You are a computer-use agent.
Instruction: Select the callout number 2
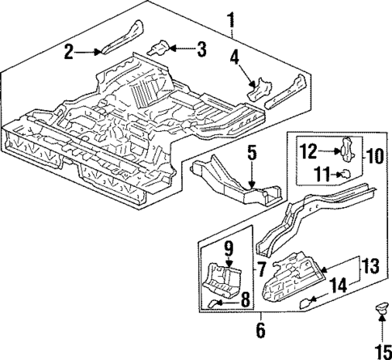coord(70,52)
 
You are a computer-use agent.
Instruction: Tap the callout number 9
coord(229,248)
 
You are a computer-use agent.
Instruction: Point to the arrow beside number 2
coord(90,51)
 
